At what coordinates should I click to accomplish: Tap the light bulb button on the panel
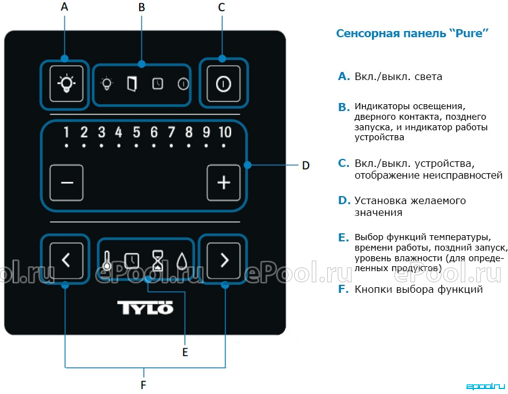click(66, 84)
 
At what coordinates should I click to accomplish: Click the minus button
click(66, 182)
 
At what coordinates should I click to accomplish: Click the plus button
click(224, 182)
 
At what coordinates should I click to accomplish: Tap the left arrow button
click(66, 260)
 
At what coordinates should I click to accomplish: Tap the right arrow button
click(224, 260)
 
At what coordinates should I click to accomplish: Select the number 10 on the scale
click(225, 132)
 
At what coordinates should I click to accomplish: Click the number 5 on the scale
click(137, 132)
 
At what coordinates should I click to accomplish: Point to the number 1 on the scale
click(66, 132)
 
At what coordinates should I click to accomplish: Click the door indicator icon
click(132, 84)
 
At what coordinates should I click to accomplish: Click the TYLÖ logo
click(145, 308)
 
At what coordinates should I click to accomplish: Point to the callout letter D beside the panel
click(306, 166)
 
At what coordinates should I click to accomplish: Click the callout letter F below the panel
click(143, 385)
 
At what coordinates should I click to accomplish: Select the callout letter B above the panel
click(142, 7)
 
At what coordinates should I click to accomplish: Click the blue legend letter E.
click(343, 238)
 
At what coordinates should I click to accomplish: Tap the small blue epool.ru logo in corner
click(486, 386)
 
